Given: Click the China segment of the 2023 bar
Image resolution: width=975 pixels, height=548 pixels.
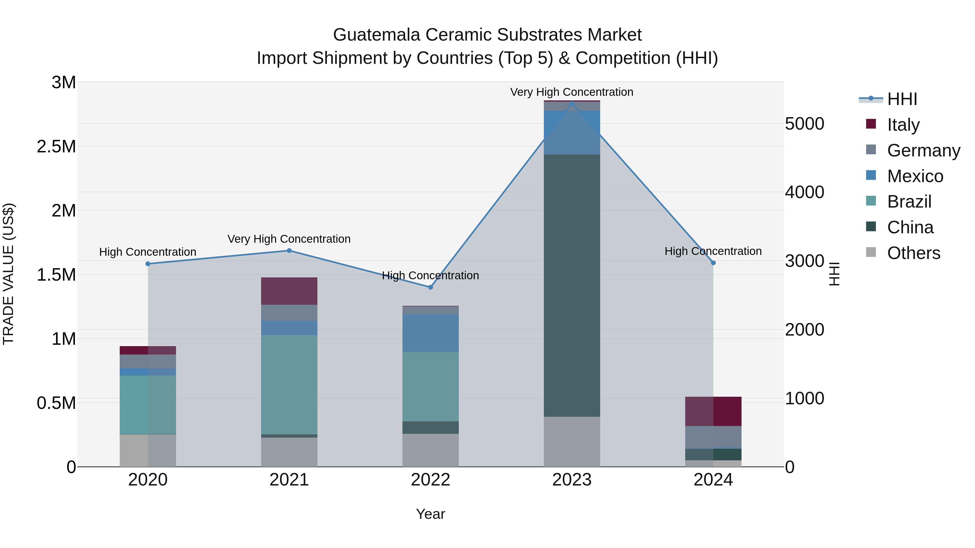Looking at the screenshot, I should coord(571,286).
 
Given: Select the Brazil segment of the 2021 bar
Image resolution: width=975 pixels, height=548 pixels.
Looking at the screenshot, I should coord(289,384).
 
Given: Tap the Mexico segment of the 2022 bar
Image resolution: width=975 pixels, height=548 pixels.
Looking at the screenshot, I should coord(430,333).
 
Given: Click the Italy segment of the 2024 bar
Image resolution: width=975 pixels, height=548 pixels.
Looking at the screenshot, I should coord(713,411).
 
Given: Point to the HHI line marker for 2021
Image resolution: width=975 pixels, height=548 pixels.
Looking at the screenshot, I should coord(289,250).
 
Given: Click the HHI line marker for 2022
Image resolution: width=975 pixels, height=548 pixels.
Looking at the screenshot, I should coord(430,287).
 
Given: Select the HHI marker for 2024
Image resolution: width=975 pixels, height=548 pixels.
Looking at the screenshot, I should coord(713,263).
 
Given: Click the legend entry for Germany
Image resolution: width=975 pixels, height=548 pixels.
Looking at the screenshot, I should coord(924,150).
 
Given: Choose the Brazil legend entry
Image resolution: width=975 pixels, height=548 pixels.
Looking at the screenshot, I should coord(909,202).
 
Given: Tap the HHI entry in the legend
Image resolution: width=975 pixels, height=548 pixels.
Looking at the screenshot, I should coord(902,99).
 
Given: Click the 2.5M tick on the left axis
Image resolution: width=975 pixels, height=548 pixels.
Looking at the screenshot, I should coord(56,146).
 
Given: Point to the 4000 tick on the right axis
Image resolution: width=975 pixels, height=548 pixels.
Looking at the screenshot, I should coord(804,192).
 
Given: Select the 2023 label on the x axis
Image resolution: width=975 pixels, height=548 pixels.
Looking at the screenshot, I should coord(571,480).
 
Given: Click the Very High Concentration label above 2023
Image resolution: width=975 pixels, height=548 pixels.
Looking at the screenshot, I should coord(571,92).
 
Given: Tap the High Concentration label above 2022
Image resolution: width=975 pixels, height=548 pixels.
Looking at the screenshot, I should coord(430,275).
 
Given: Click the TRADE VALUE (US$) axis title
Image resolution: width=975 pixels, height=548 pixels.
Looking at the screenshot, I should coord(8,274).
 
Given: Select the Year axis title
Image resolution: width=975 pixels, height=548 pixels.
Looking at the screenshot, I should coord(430,514).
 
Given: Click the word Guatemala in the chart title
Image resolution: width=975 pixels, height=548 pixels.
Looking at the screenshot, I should coord(377,35).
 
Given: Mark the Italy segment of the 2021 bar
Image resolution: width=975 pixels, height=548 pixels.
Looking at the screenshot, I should coord(289,291).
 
